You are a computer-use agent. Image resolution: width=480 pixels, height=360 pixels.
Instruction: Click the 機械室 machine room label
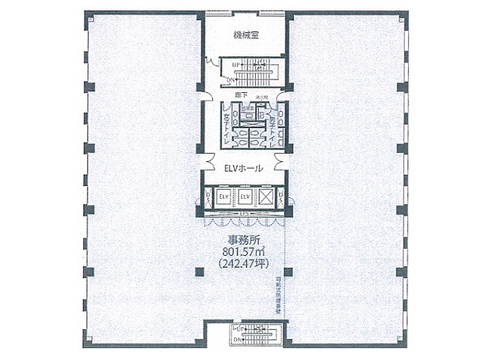244,34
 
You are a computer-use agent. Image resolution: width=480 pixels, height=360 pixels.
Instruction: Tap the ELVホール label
244,169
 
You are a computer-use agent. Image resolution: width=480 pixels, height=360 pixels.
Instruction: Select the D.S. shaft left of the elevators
207,199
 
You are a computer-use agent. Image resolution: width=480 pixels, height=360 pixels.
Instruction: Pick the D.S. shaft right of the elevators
280,199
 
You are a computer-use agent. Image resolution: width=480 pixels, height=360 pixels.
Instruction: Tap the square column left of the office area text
199,271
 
